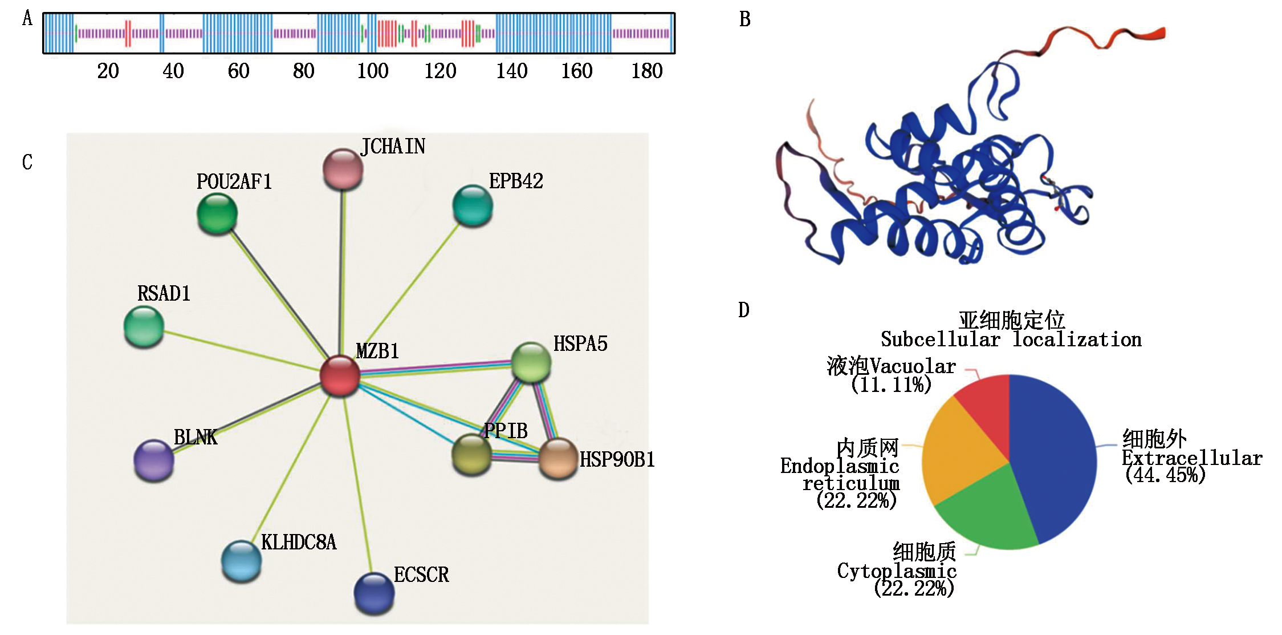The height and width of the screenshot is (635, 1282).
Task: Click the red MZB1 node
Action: pos(340,375)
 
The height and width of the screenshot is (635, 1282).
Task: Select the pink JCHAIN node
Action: pos(343,169)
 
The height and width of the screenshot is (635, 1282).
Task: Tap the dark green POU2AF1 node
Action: pos(217,213)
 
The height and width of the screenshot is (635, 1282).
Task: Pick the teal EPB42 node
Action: pos(473,205)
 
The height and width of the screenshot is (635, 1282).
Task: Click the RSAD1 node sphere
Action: pos(144,326)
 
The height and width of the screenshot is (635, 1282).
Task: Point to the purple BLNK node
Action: pos(154,460)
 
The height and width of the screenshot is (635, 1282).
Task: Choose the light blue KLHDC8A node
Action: pos(241,561)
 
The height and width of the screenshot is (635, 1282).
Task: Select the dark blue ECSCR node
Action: pos(374,593)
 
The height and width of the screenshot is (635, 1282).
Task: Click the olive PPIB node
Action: pos(471,454)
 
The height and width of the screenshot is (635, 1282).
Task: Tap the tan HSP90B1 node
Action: pos(558,458)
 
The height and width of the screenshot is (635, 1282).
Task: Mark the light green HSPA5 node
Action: pos(531,362)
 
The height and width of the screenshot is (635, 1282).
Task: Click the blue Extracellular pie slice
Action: pos(1055,456)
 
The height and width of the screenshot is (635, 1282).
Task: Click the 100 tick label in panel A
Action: pos(373,71)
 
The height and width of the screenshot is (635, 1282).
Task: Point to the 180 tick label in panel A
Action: pos(646,71)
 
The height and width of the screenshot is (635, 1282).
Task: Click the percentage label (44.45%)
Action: pos(1165,475)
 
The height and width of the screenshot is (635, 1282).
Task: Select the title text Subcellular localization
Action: pos(1011,340)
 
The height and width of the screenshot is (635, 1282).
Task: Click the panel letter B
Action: pos(744,19)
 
